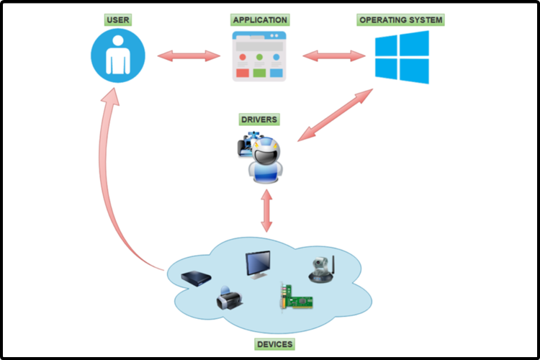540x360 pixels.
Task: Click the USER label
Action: click(118, 20)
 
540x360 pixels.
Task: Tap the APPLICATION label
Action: click(259, 20)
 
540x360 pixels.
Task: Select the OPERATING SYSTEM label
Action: click(400, 20)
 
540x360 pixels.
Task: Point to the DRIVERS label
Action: click(259, 118)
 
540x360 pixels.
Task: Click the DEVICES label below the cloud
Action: click(274, 344)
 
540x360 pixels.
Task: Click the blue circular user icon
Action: click(118, 56)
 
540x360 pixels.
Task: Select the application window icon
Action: click(259, 56)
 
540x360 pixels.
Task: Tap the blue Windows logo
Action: click(402, 57)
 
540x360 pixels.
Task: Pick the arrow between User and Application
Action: click(189, 55)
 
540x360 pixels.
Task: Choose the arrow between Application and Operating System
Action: click(330, 55)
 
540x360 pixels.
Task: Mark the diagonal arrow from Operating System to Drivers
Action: click(336, 114)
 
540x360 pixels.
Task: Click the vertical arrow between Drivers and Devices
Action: click(266, 210)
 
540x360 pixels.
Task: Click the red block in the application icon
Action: click(242, 72)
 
